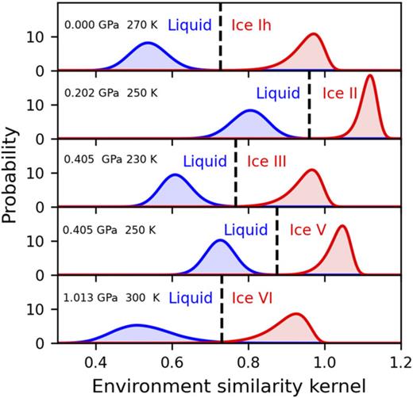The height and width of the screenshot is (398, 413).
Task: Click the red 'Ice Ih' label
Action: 252,25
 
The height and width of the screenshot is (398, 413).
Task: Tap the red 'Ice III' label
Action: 267,162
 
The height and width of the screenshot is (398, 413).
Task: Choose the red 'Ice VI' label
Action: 254,299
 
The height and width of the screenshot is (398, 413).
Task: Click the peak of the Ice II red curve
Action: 369,76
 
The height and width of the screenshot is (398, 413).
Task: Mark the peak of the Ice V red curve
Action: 342,227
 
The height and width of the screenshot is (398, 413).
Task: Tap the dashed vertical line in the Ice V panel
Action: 276,242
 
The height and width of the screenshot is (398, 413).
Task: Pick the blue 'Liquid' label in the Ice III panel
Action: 205,162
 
